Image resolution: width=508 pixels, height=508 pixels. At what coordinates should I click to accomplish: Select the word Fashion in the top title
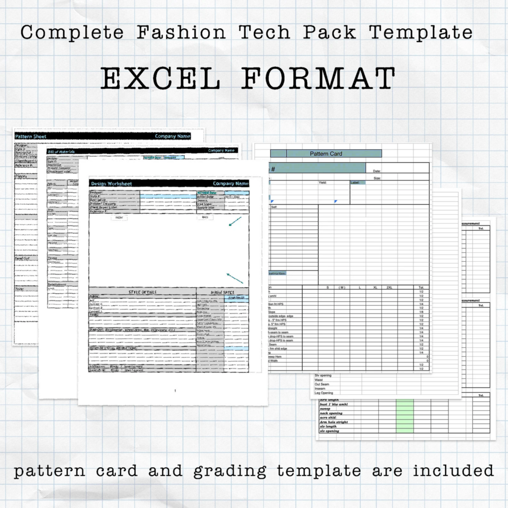click(x=181, y=32)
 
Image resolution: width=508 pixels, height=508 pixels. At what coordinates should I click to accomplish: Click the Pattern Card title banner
click(x=326, y=154)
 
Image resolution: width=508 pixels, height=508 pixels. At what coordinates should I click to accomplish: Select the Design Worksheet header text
click(x=111, y=183)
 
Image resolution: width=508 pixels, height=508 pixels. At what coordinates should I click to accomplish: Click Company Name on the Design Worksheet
click(x=230, y=183)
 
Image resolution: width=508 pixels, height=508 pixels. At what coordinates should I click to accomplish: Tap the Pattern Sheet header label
click(x=31, y=136)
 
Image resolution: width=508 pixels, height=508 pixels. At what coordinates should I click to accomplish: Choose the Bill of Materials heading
click(x=61, y=151)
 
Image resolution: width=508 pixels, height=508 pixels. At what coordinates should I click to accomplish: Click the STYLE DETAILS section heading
click(x=143, y=292)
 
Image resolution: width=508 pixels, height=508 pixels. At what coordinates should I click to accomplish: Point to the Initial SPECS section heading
click(x=222, y=292)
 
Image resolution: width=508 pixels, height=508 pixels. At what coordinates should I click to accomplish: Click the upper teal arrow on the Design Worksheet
click(x=235, y=221)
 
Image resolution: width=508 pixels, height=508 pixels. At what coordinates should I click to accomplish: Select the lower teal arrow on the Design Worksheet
click(x=235, y=278)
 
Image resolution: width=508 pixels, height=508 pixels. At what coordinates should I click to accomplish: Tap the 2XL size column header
click(x=389, y=288)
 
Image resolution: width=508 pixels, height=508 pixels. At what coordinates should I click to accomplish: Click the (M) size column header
click(x=342, y=288)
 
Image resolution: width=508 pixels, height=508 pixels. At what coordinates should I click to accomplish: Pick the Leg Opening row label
click(x=324, y=393)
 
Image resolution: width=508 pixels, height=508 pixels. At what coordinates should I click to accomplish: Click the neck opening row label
click(x=332, y=413)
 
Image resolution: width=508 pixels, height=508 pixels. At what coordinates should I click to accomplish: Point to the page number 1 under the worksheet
click(x=175, y=391)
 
